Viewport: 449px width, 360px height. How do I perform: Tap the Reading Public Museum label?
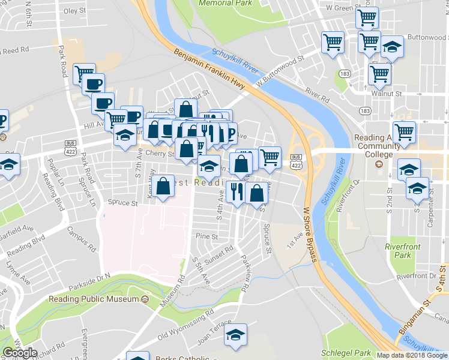[94, 298]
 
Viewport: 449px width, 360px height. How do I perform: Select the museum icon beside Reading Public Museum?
[145, 298]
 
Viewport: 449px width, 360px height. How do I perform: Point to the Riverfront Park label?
[403, 251]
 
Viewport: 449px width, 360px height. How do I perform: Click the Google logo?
[20, 352]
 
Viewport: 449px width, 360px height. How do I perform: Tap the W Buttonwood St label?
[280, 70]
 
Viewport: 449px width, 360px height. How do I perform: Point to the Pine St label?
[206, 237]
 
